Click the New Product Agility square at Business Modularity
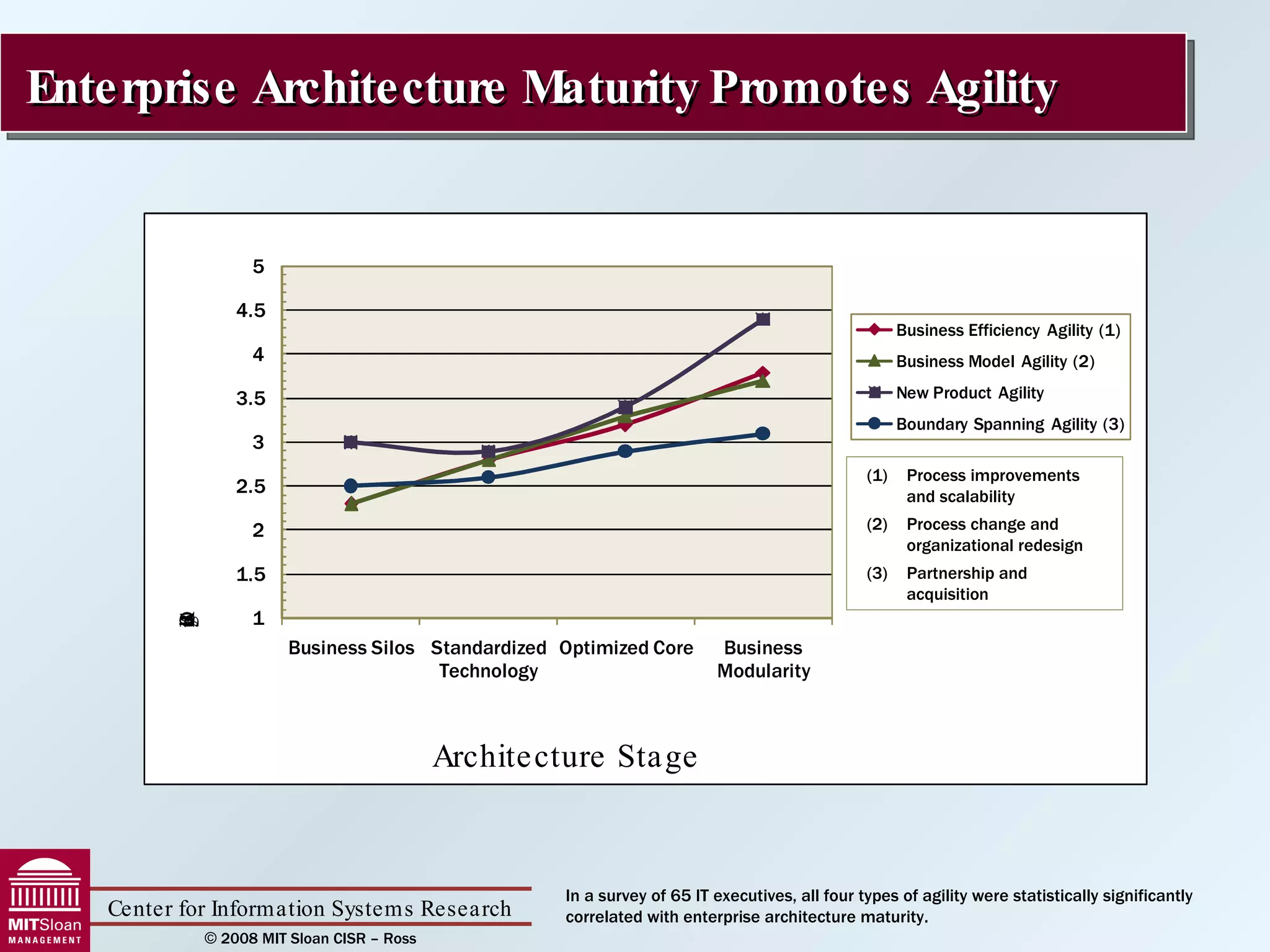coord(763,319)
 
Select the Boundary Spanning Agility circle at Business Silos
coord(350,485)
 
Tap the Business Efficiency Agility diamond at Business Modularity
coord(763,373)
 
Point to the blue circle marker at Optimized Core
coord(625,451)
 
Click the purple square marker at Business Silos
coord(350,442)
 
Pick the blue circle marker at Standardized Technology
coord(488,477)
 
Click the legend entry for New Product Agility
coord(969,393)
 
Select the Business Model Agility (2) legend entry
coord(995,361)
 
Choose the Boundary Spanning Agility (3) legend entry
coord(1009,424)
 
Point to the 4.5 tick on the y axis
coord(251,311)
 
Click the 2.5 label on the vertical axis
coord(251,487)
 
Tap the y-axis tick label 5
coord(258,267)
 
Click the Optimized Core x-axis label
coord(626,648)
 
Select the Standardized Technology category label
coord(488,659)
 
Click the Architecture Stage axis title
coord(564,756)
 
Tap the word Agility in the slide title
coord(992,88)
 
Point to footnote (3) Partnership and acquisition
coord(966,583)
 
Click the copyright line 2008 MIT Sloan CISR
coord(310,938)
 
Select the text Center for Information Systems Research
coord(309,909)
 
